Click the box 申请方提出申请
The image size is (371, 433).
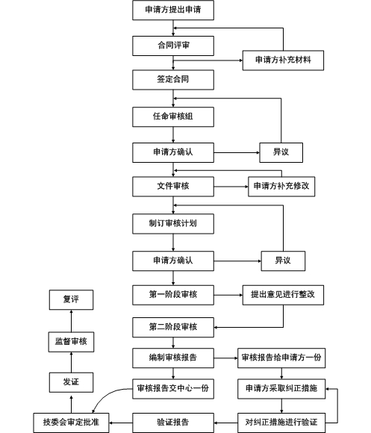pos(173,10)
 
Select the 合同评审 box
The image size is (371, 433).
pos(173,46)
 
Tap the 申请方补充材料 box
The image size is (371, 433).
pos(283,60)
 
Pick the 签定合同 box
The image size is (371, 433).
pos(173,80)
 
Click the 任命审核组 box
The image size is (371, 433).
pos(173,117)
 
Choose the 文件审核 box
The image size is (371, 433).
pos(173,187)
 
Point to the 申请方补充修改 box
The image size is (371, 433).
pos(281,187)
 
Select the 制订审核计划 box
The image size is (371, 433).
pos(173,224)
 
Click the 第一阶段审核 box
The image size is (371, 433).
pos(173,295)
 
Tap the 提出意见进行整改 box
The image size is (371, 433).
pos(283,295)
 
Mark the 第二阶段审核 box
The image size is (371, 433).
pos(173,328)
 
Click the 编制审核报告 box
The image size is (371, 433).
pos(173,358)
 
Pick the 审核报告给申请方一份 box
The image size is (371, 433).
pos(281,358)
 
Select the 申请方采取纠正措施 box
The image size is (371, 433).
pos(281,389)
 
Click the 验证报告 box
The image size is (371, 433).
pos(173,423)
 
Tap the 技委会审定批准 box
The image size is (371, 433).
pos(71,423)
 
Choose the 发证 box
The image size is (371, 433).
pos(71,382)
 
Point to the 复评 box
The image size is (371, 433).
pos(71,300)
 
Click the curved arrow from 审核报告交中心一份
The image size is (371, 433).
pos(106,396)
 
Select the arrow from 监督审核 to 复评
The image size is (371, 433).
pos(71,321)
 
